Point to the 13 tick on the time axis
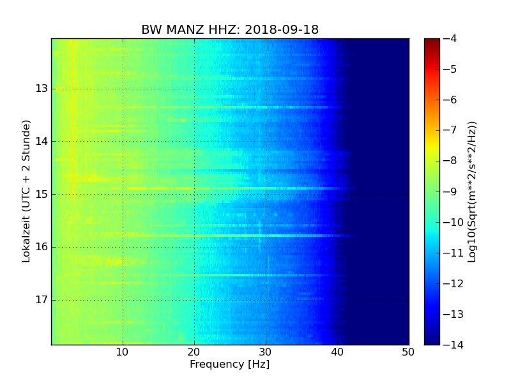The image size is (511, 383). tap(41, 88)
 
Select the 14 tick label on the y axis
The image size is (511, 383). tap(41, 141)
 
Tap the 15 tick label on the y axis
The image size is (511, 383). tap(41, 194)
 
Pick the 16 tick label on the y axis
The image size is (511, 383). tap(41, 247)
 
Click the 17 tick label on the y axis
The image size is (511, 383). tap(41, 300)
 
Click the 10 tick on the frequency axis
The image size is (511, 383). tap(123, 352)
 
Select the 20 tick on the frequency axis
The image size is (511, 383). tap(194, 352)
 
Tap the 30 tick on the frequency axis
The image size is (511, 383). tap(266, 352)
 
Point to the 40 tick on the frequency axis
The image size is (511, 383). tap(337, 352)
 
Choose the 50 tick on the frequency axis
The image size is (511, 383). tap(408, 352)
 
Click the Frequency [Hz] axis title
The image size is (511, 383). tap(229, 364)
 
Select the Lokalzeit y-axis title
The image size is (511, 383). tap(26, 191)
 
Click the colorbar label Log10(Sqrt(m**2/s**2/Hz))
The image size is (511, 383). tap(473, 191)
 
